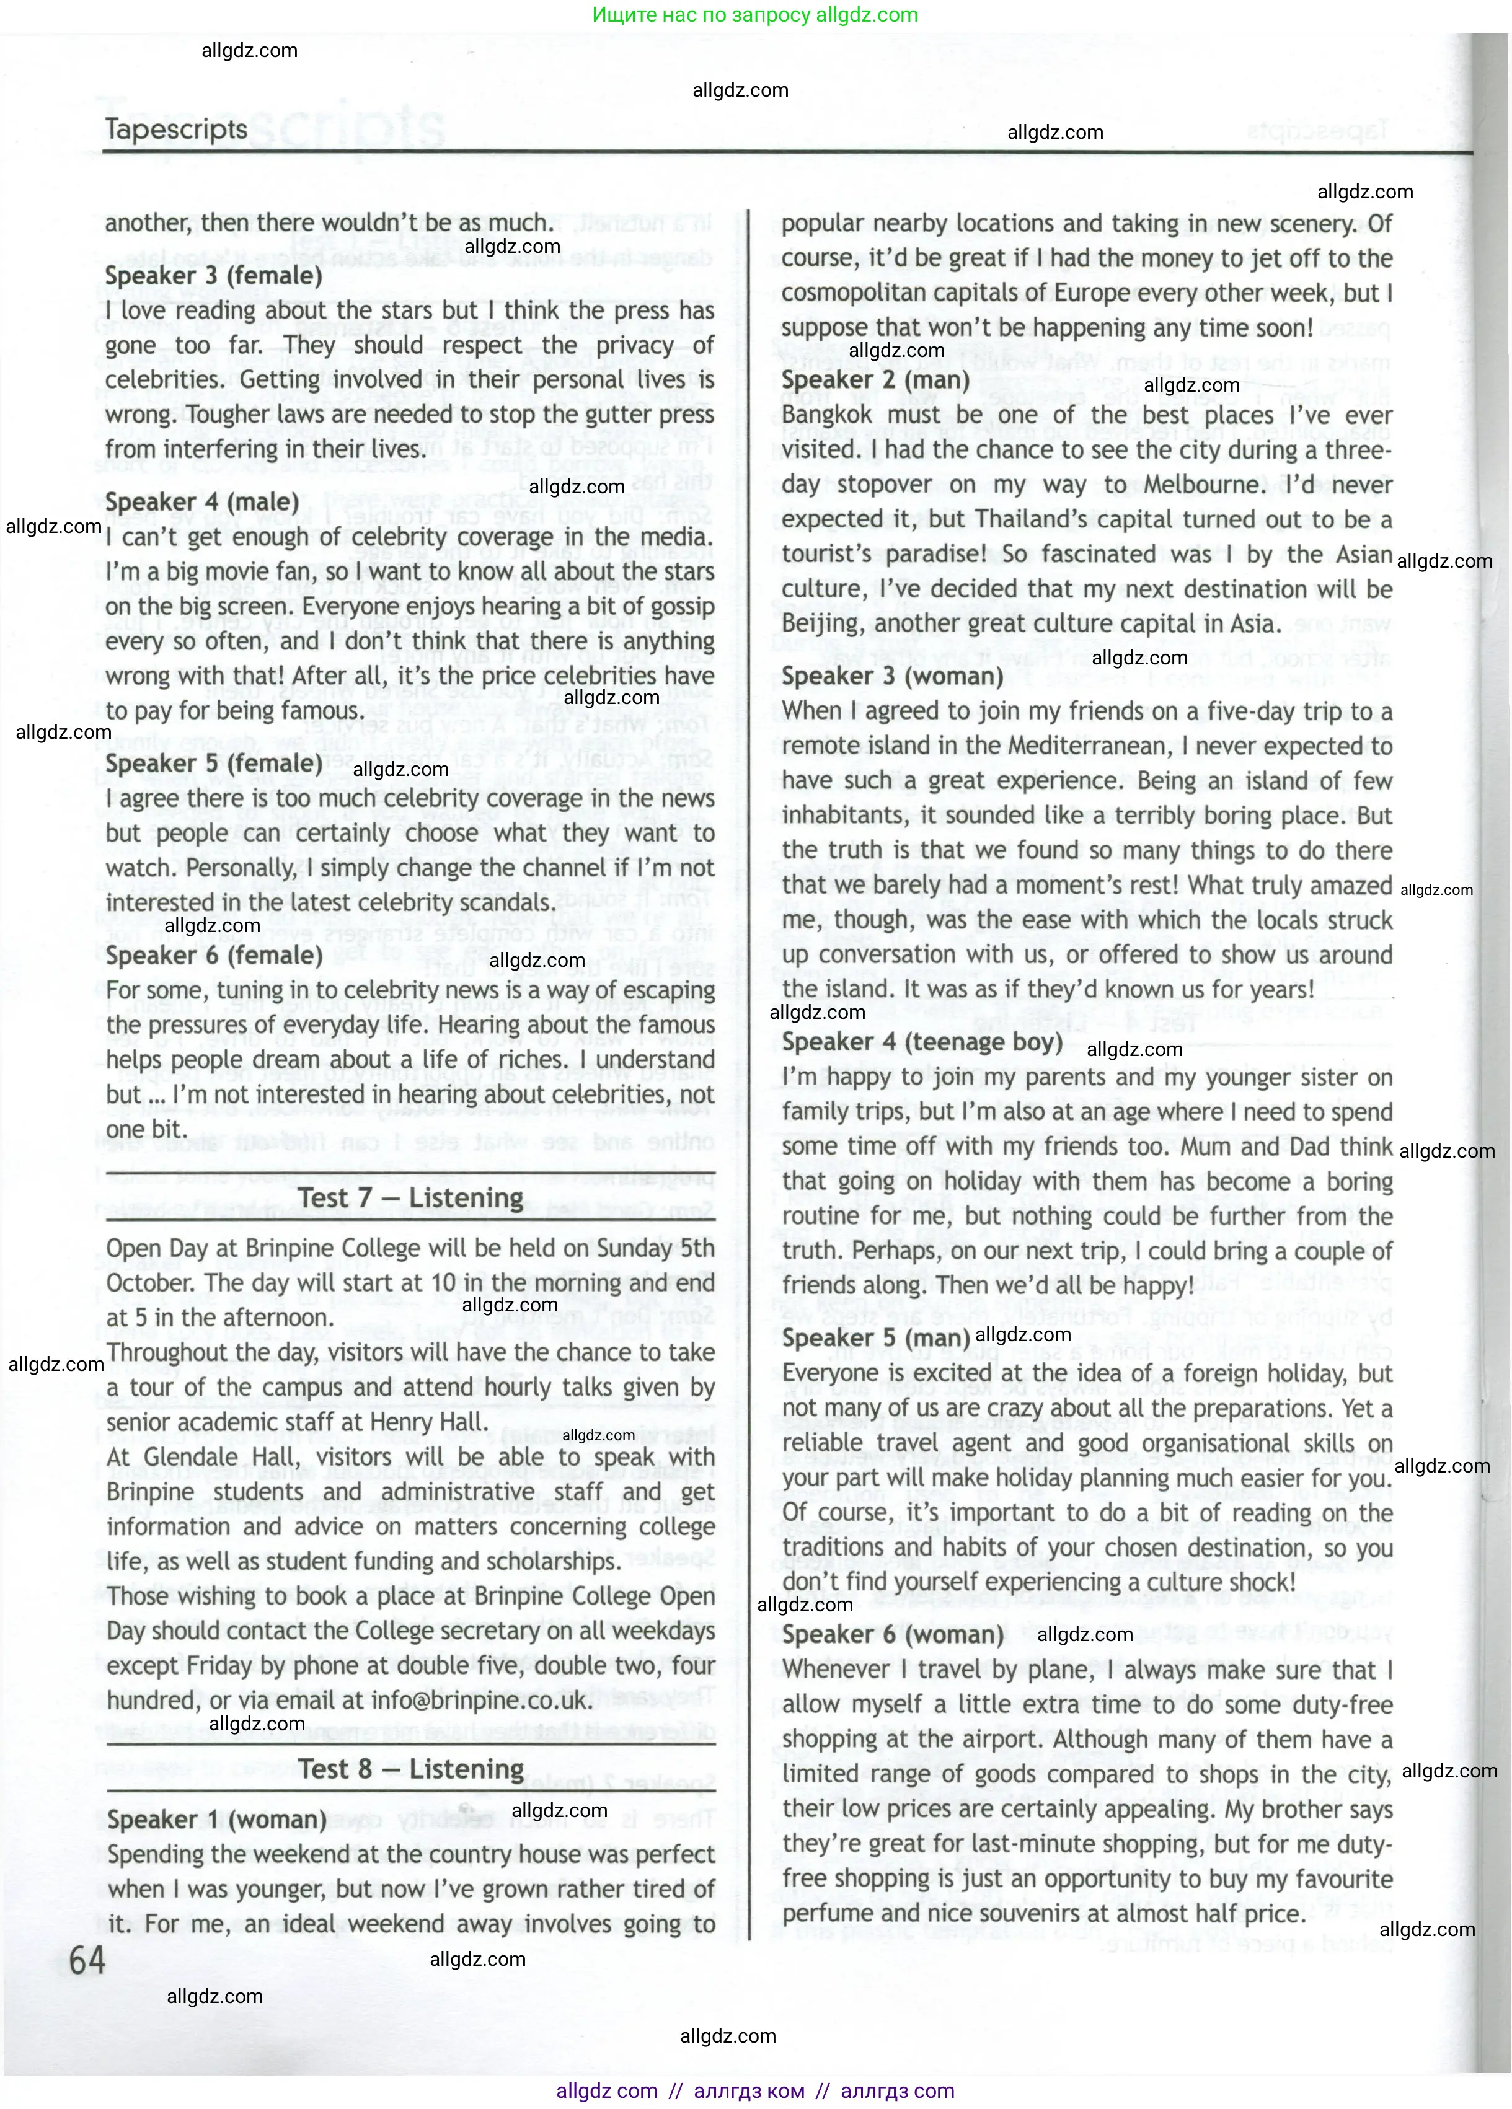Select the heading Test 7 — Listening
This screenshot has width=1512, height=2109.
[x=410, y=1198]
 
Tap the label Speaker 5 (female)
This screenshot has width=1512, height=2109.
[x=213, y=764]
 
